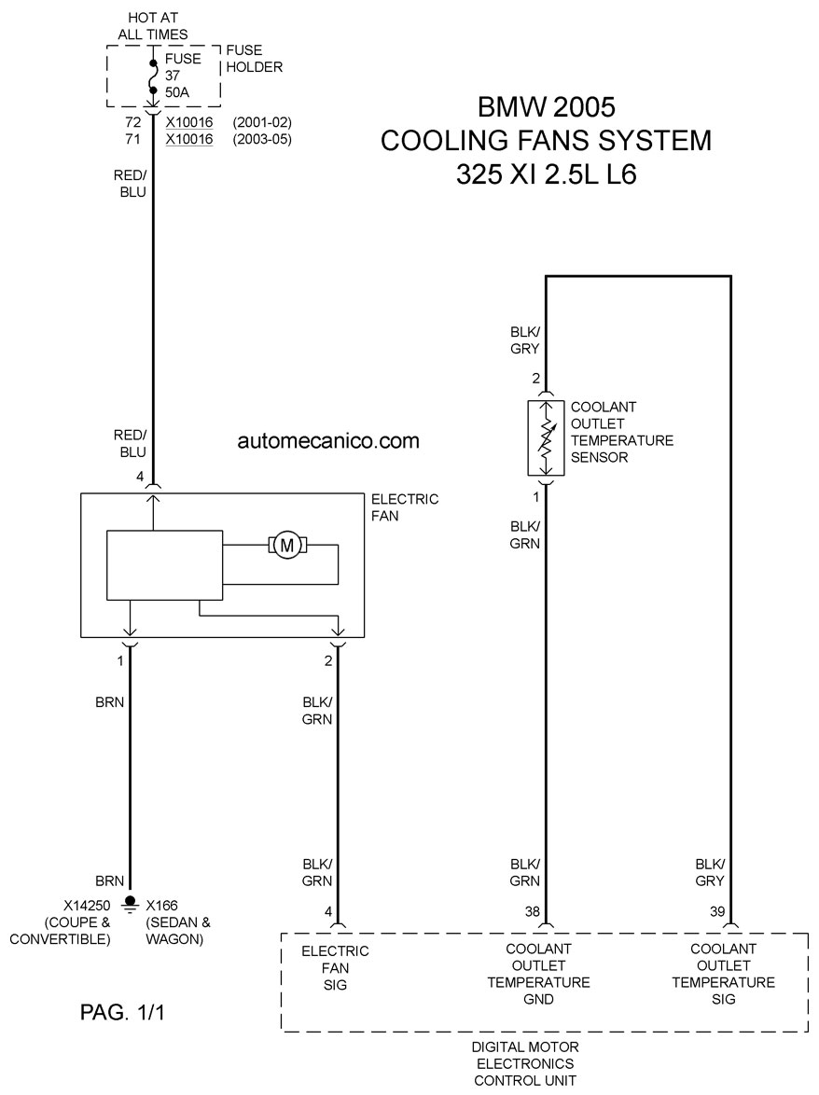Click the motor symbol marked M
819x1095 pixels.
(x=287, y=546)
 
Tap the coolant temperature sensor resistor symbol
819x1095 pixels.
(x=546, y=438)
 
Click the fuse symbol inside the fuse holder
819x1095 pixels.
(x=152, y=76)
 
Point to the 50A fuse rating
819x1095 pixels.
(x=177, y=92)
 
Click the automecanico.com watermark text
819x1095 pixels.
(x=328, y=440)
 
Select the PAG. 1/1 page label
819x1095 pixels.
(x=122, y=1012)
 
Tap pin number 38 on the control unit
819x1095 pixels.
(x=533, y=911)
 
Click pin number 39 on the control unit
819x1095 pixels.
(x=717, y=911)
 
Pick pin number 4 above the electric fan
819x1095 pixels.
(x=140, y=477)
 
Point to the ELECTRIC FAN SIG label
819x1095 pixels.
(x=335, y=968)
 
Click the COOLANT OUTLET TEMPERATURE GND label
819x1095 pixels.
(x=538, y=974)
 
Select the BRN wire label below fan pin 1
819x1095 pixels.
(x=110, y=701)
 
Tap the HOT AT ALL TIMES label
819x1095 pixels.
(x=153, y=26)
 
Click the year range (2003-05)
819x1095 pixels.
(x=262, y=139)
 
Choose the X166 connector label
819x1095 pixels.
(x=162, y=906)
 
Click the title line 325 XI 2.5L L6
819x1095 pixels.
(x=547, y=173)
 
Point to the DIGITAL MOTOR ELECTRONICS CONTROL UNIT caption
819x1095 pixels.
(x=525, y=1063)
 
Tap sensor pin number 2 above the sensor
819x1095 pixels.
(x=535, y=379)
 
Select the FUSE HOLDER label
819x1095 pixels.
(x=254, y=59)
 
